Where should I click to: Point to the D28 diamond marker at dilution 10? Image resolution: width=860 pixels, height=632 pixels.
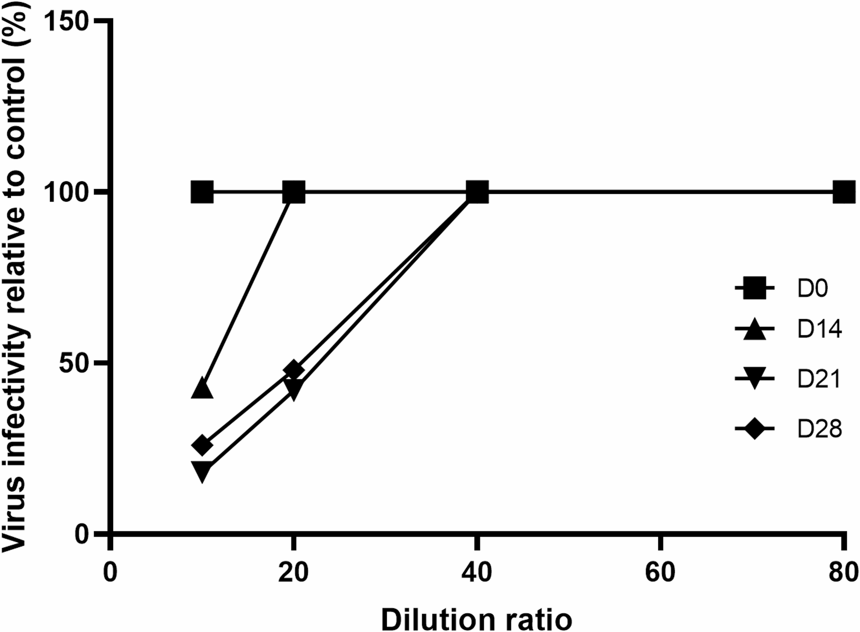(202, 445)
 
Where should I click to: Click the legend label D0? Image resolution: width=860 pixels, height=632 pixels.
(812, 288)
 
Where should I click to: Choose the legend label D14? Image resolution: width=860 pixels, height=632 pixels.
(819, 329)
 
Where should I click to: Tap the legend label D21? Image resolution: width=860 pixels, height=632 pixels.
(819, 379)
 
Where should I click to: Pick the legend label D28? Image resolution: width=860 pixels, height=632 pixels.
(819, 428)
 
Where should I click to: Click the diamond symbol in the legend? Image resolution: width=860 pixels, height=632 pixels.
(754, 428)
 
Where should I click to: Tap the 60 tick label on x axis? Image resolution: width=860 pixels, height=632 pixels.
(660, 573)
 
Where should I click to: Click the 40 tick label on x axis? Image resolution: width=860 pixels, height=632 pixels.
(476, 573)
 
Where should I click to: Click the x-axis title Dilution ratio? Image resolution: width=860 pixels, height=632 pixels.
(476, 619)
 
